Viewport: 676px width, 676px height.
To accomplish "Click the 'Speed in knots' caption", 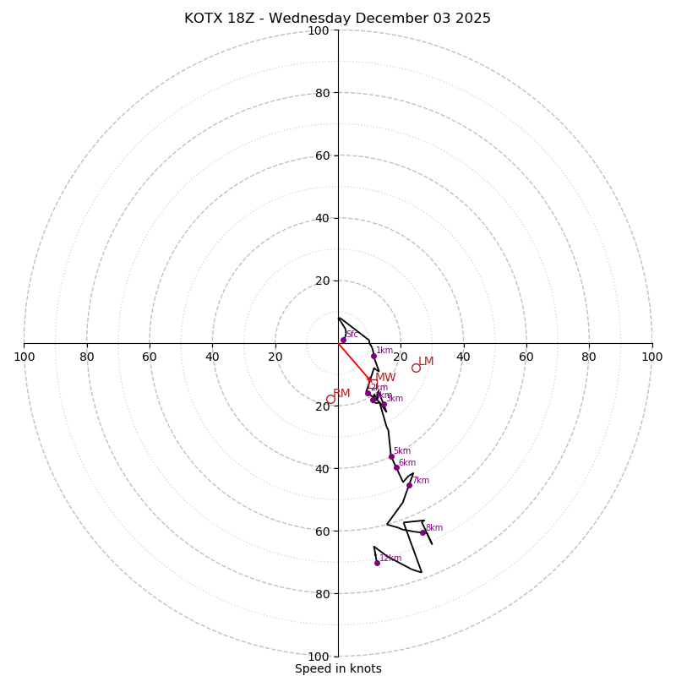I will click(x=338, y=668).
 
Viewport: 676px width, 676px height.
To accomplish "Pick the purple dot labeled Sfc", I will click(x=343, y=340).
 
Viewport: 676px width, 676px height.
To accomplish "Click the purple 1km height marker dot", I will click(x=373, y=356).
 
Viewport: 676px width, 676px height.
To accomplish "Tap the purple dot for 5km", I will click(x=391, y=456).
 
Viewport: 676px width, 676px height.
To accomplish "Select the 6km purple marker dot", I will click(x=396, y=467).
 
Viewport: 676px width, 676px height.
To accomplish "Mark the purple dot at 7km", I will click(x=409, y=485).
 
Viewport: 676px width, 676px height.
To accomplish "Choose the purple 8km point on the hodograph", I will click(x=423, y=532).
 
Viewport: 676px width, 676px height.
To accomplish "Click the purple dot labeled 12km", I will click(x=377, y=563).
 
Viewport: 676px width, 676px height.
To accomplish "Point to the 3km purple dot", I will click(x=384, y=404).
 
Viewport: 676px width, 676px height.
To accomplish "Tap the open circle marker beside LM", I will click(x=416, y=368).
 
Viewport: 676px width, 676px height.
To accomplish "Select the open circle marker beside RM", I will click(x=330, y=399).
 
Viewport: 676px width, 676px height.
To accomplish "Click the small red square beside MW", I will click(x=371, y=383).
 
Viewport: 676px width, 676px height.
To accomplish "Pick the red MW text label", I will click(x=385, y=378).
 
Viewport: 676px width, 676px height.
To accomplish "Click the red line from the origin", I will click(x=354, y=363).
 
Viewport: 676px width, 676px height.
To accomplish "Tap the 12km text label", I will click(x=390, y=558).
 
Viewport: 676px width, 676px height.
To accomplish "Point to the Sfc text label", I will click(x=352, y=335).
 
